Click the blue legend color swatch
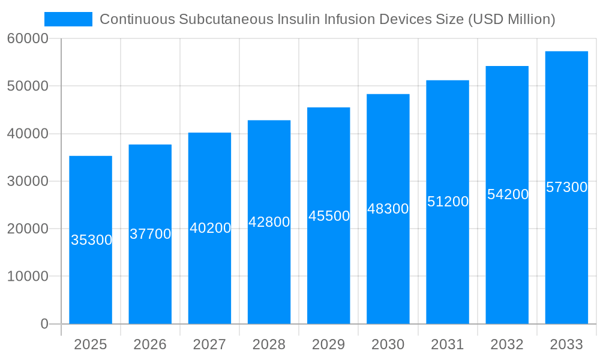point(68,19)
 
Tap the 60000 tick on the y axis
point(28,38)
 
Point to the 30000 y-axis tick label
point(28,181)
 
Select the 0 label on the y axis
point(44,324)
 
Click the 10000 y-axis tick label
point(28,277)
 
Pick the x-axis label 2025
point(91,344)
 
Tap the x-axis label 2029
point(329,344)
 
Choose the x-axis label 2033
point(566,344)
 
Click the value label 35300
point(91,240)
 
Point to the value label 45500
point(329,216)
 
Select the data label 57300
point(566,187)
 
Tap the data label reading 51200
point(448,202)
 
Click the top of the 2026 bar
point(150,145)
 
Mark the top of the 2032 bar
point(507,67)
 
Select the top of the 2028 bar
point(269,121)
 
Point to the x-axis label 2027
point(209,344)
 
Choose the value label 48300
point(388,209)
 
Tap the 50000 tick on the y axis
point(28,86)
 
